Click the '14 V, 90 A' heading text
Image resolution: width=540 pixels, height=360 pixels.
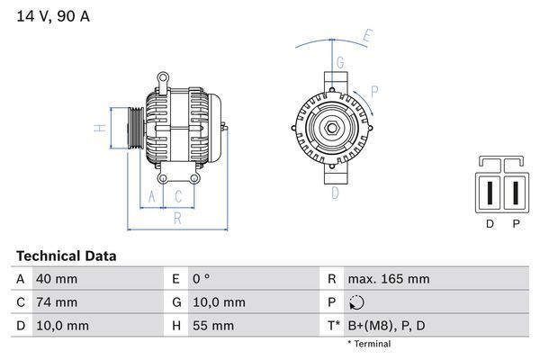(53, 16)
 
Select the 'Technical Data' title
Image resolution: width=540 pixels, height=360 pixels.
(67, 256)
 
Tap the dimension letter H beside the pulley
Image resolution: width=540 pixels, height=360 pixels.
(100, 128)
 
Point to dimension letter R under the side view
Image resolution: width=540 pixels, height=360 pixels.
(177, 219)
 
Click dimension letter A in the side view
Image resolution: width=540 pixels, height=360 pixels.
(151, 196)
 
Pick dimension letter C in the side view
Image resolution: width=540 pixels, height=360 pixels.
(178, 196)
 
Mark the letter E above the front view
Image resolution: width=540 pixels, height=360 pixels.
(368, 36)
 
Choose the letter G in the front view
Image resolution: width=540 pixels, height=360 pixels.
(340, 62)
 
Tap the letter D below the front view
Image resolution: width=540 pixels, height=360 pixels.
(335, 193)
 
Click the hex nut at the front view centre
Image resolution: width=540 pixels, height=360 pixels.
(332, 128)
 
